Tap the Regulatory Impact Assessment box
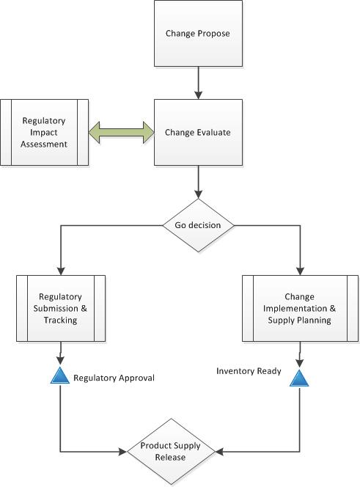click(45, 133)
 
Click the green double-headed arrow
click(120, 133)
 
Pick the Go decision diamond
click(198, 224)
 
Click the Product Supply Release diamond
click(171, 451)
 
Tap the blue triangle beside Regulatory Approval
click(59, 377)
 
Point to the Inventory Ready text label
click(249, 371)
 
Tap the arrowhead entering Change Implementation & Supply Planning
click(300, 270)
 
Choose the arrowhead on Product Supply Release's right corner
click(219, 451)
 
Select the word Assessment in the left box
click(45, 144)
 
